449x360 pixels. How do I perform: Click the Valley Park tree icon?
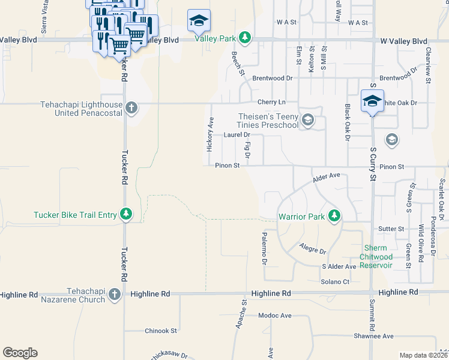[x=244, y=38]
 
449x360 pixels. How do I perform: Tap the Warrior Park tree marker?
[x=335, y=216]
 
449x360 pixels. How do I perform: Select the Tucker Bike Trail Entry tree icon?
[x=125, y=214]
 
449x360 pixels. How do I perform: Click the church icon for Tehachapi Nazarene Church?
[x=115, y=295]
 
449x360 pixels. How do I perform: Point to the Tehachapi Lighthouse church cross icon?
[x=131, y=109]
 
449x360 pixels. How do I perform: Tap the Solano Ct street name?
[x=336, y=282]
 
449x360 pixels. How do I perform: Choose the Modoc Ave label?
[x=275, y=315]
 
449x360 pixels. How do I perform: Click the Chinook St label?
[x=161, y=331]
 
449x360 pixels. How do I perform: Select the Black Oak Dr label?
[x=348, y=122]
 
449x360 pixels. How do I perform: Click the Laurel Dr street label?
[x=236, y=135]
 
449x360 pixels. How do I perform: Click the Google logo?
[x=20, y=353]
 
